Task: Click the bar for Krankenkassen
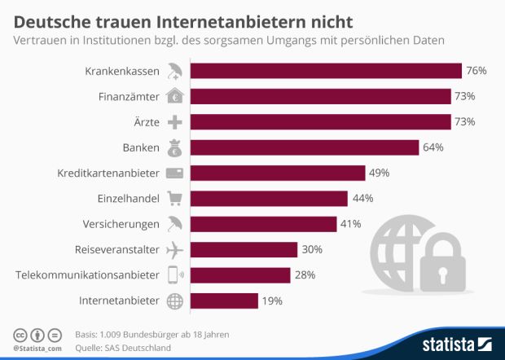coord(326,71)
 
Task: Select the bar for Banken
coord(305,147)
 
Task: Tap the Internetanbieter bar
coord(224,301)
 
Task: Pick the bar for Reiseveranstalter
coord(244,250)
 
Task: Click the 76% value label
coord(476,71)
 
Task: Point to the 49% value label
coord(379,173)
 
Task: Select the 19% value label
coord(272,301)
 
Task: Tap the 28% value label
coord(305,275)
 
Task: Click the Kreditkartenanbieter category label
coord(108,173)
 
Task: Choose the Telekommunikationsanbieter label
coord(87,275)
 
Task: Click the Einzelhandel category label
coord(126,199)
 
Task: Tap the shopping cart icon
coord(174,199)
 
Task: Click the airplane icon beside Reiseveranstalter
coord(174,250)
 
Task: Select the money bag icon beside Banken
coord(174,147)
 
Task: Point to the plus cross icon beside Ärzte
coord(174,122)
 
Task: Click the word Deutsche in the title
coord(49,16)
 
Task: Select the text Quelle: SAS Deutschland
coord(123,348)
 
